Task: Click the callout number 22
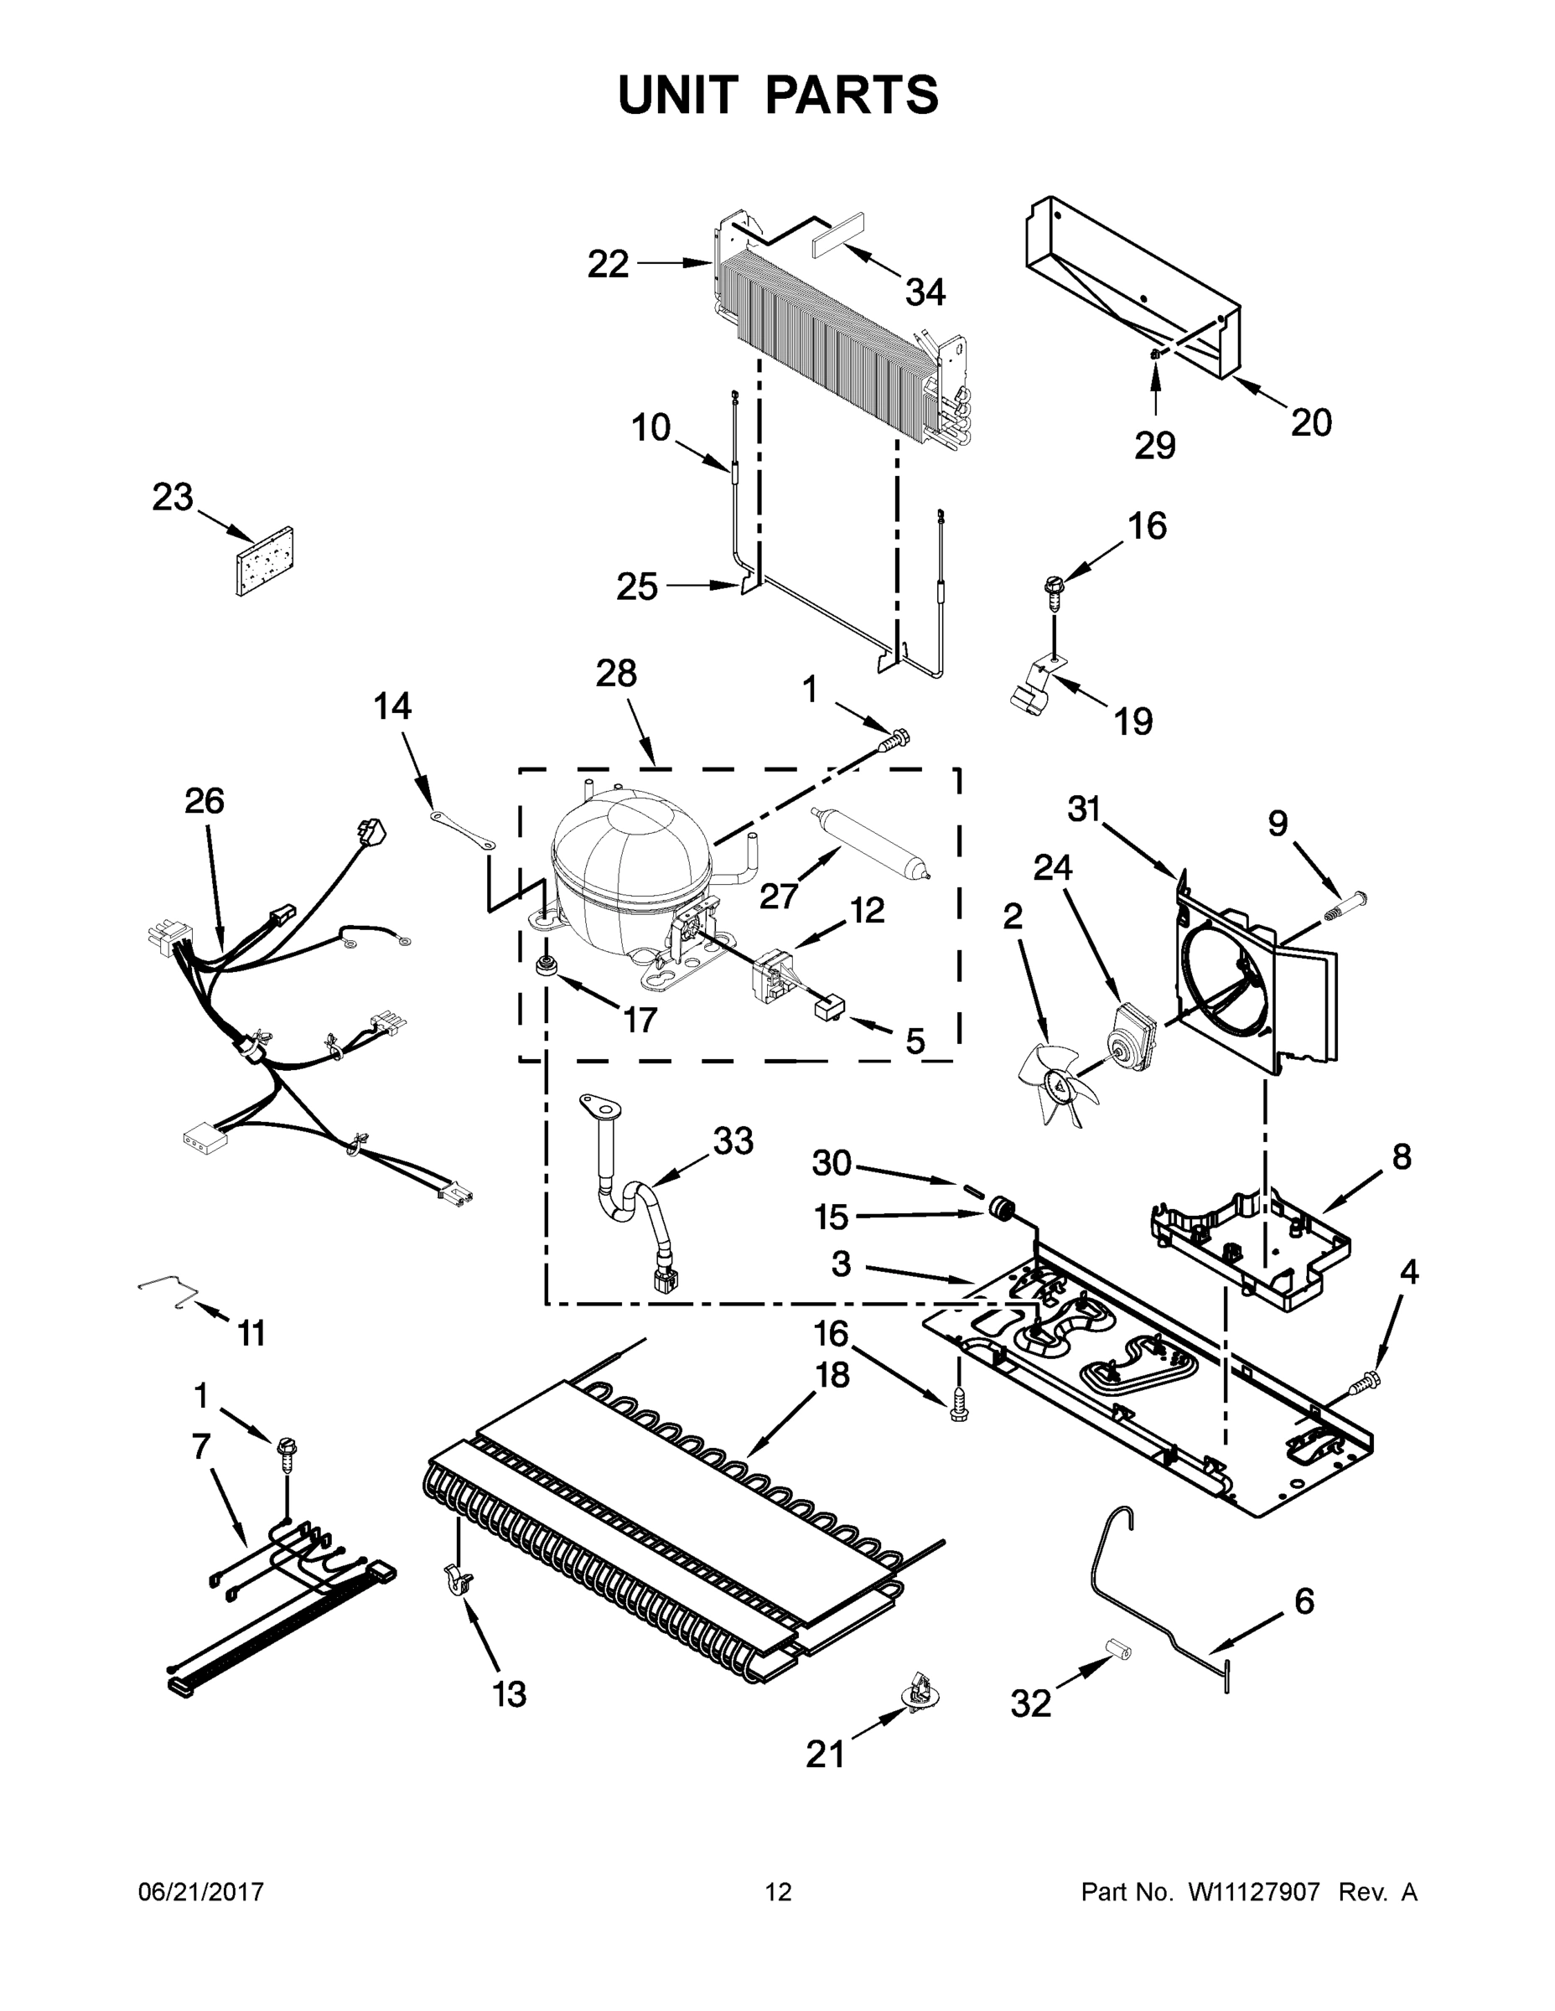(x=608, y=264)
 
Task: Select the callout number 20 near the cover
(x=1311, y=422)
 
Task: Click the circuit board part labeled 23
(x=264, y=561)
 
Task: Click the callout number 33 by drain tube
(x=733, y=1141)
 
